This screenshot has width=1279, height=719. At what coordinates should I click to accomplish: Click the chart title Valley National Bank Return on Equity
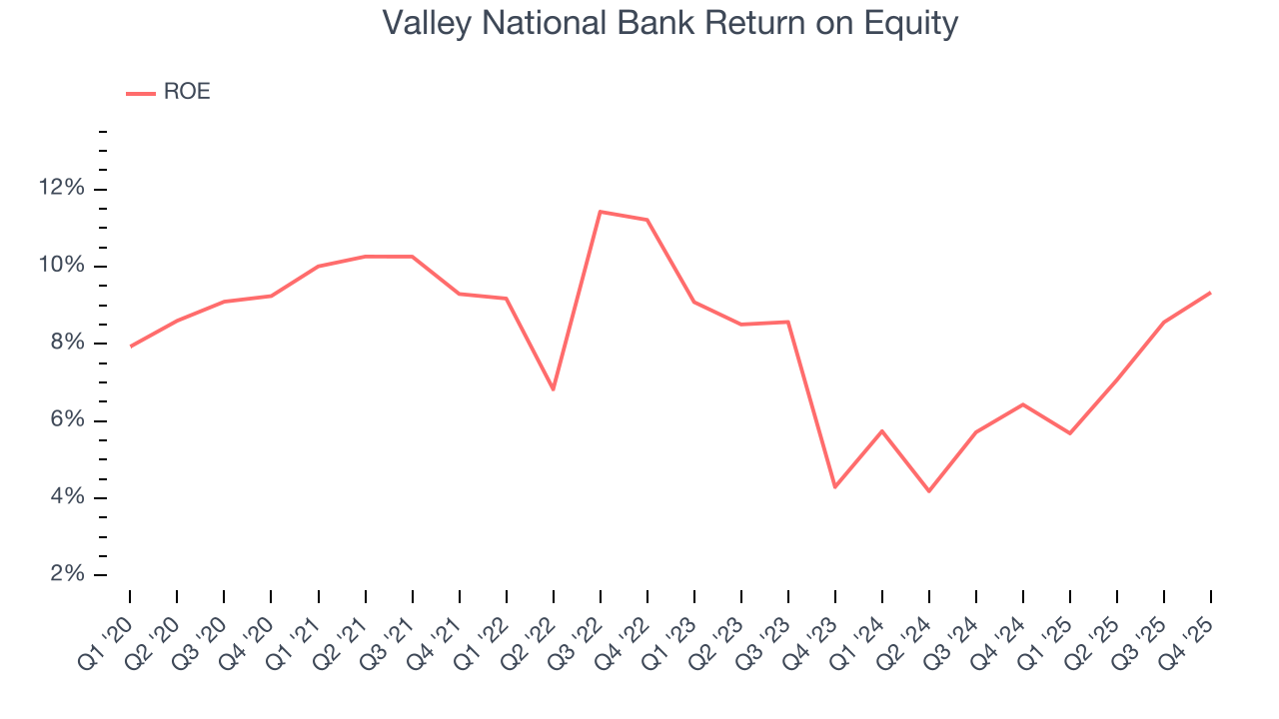click(670, 23)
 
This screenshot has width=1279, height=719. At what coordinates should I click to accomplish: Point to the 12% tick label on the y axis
click(61, 188)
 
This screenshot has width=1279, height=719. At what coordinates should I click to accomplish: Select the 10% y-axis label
click(61, 266)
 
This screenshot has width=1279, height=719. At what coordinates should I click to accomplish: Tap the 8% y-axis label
click(66, 343)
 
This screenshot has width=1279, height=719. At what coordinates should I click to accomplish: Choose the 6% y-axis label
click(66, 420)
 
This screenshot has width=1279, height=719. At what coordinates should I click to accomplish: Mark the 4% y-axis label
click(66, 497)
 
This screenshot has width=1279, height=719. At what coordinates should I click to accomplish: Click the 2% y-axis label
click(66, 574)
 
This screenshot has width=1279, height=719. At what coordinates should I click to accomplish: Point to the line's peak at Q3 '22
click(600, 212)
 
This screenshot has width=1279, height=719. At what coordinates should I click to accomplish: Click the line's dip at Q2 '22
click(553, 388)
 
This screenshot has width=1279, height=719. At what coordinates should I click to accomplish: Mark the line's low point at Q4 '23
click(834, 486)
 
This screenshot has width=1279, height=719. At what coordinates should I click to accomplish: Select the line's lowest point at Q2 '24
click(928, 490)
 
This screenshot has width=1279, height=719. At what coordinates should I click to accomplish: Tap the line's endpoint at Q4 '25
click(1210, 293)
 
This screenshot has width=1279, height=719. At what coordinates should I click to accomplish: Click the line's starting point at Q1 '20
click(130, 347)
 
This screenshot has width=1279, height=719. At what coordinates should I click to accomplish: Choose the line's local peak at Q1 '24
click(881, 430)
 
